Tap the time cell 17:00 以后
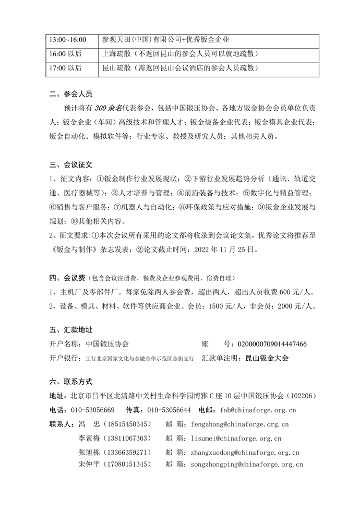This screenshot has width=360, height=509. (66, 68)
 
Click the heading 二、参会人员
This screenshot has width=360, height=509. (70, 94)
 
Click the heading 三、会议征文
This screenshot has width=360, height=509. (70, 165)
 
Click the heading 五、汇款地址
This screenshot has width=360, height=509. (70, 330)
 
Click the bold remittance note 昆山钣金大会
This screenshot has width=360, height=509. (267, 358)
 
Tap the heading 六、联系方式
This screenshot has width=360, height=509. (70, 382)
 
